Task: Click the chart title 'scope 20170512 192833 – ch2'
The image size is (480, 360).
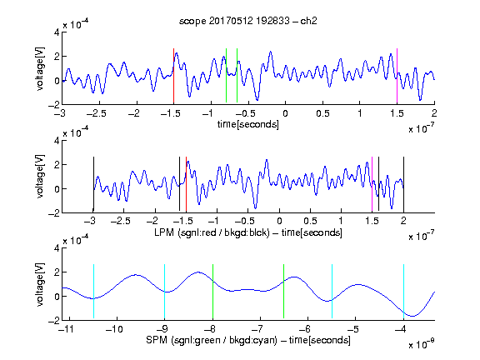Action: click(x=248, y=21)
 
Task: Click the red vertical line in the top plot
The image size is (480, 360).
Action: click(x=173, y=76)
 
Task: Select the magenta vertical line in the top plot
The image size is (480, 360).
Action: click(x=397, y=76)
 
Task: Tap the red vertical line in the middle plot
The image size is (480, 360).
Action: click(x=186, y=184)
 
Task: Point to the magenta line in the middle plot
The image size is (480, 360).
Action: click(x=372, y=184)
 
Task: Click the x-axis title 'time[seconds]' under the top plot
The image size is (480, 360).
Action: click(x=248, y=124)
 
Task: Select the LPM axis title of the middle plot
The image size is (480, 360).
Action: click(x=248, y=232)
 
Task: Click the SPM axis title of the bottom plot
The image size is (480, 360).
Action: click(x=248, y=340)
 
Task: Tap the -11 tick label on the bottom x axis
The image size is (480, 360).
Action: click(x=66, y=329)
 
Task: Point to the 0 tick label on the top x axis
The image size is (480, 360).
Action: click(x=285, y=113)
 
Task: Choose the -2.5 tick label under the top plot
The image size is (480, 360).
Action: click(x=96, y=113)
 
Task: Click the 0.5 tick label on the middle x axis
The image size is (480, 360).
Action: click(x=310, y=221)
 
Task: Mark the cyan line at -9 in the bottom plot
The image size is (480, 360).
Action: click(x=165, y=291)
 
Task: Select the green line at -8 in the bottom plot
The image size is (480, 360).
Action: click(x=212, y=291)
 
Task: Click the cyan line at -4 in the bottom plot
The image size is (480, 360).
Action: click(x=403, y=291)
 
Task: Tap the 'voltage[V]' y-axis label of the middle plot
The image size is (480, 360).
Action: click(x=40, y=177)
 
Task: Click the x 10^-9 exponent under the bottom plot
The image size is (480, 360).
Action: click(x=422, y=343)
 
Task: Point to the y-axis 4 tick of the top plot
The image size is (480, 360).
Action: click(x=57, y=32)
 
